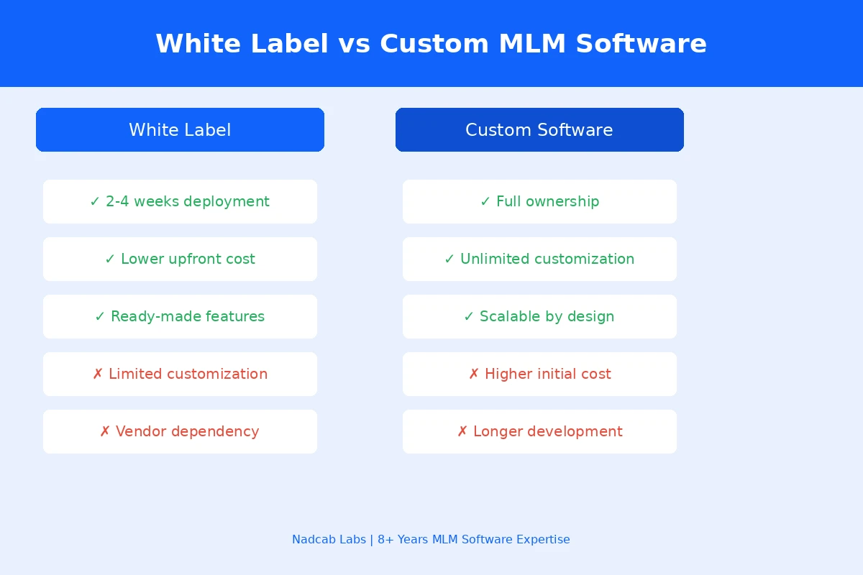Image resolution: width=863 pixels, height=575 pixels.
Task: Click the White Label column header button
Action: (x=180, y=130)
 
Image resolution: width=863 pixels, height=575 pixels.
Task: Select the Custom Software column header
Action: (x=539, y=130)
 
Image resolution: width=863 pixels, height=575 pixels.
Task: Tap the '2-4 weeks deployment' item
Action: (x=180, y=202)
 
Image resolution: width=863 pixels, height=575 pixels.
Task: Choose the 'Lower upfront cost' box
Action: (x=180, y=259)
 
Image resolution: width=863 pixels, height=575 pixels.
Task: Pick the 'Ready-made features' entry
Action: (x=180, y=317)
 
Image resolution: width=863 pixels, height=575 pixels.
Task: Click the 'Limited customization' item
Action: (x=180, y=374)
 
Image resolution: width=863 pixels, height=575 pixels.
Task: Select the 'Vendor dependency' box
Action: (x=180, y=432)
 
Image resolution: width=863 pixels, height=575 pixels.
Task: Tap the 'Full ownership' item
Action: (x=539, y=202)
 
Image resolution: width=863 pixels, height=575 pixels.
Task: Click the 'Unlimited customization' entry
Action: (x=539, y=259)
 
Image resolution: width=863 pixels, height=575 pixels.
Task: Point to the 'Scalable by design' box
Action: (x=539, y=317)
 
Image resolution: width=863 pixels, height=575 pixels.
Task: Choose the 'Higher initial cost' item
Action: (x=539, y=374)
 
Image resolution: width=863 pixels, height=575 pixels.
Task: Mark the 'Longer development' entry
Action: (x=539, y=432)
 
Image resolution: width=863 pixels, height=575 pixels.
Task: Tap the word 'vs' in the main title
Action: (x=354, y=45)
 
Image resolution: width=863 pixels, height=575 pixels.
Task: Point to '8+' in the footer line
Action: (x=385, y=540)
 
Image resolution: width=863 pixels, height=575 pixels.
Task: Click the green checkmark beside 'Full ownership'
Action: (x=485, y=202)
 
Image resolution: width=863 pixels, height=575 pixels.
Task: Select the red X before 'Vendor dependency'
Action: (x=105, y=432)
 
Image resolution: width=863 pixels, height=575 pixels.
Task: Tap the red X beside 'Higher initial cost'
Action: (x=474, y=374)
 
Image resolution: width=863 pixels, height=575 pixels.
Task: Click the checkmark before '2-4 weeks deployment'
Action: (x=95, y=202)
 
